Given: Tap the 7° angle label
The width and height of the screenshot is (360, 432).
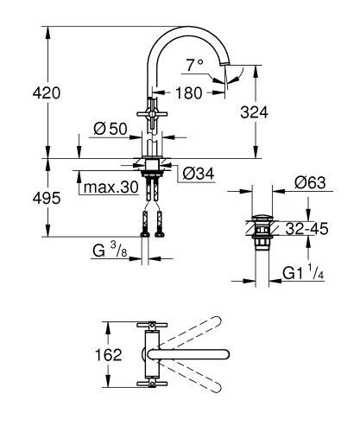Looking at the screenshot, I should coord(195,63).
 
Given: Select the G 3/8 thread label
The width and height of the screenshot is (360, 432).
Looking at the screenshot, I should coord(113,251).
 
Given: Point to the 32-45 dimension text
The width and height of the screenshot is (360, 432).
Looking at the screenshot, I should coord(308,231).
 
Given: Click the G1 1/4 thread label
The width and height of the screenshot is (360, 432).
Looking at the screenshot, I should coord(301,275).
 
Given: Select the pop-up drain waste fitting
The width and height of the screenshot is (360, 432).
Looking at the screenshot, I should coord(261,230).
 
